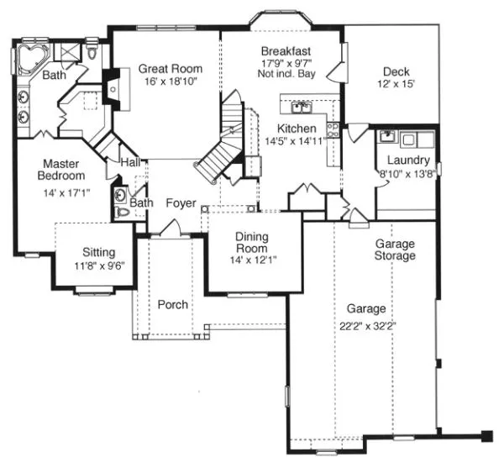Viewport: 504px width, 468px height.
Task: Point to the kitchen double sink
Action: pos(301,107)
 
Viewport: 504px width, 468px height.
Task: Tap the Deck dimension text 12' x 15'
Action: pos(396,84)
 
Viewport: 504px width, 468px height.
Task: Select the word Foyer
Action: pos(181,202)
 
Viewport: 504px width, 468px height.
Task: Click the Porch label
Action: pos(173,304)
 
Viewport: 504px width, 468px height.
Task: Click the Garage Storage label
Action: pos(395,250)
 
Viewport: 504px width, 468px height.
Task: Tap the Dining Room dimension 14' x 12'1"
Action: pos(251,260)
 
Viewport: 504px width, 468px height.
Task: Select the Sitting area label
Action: pos(98,252)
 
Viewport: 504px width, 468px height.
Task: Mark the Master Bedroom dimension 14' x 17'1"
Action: pos(61,192)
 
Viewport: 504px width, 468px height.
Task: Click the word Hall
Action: pos(129,161)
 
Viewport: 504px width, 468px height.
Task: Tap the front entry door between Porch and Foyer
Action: pos(175,228)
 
